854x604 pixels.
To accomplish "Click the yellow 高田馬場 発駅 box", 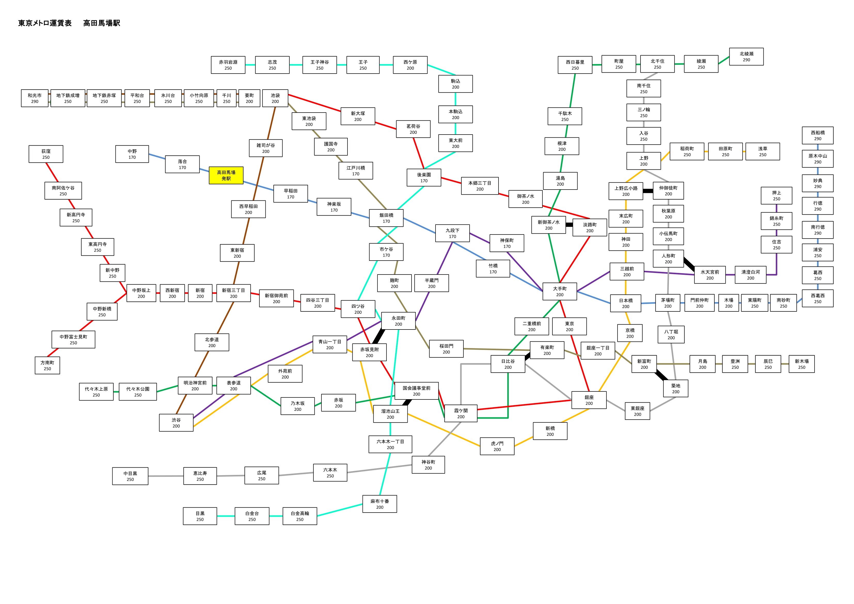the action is [x=226, y=175].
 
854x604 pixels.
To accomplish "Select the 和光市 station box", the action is [x=35, y=98].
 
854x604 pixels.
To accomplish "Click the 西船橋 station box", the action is [x=818, y=136].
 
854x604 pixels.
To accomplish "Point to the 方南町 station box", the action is [x=47, y=365].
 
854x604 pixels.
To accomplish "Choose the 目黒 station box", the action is [x=200, y=516].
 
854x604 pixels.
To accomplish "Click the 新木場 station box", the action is [x=802, y=364].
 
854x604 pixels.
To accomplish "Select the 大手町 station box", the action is [x=560, y=291].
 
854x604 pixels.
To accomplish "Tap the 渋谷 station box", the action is [x=176, y=423].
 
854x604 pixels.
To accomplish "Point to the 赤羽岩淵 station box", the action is [x=228, y=65].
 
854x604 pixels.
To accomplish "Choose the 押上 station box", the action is [x=777, y=196].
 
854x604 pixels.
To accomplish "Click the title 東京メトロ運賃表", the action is [x=45, y=23].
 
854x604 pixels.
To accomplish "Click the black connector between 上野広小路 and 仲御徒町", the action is [x=648, y=191].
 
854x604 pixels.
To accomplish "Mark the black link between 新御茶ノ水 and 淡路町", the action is [x=569, y=225].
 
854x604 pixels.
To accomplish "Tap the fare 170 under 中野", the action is [x=132, y=158].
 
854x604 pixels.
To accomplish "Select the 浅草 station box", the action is [x=763, y=152].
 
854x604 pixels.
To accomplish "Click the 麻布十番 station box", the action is [x=380, y=504].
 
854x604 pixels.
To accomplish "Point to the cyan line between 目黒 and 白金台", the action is [x=226, y=516].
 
